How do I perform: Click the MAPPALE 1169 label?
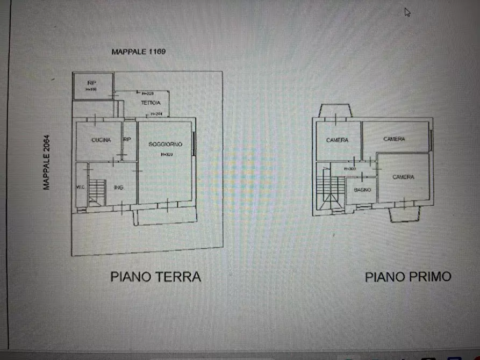coord(138,52)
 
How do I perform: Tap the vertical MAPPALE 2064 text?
coord(47,162)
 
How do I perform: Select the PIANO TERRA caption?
coord(156,277)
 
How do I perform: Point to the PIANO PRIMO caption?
coord(408,277)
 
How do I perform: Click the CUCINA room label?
coord(101,140)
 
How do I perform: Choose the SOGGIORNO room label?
coord(165,144)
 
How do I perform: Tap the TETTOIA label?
coord(151,103)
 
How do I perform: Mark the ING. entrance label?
coord(118,188)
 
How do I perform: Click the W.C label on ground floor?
coord(80,187)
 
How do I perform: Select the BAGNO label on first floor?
coord(362,190)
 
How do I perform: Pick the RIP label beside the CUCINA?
coord(127,140)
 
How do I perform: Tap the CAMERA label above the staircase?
coord(337,140)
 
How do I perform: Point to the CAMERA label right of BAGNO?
coord(403,177)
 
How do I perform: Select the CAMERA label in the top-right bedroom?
coord(394,139)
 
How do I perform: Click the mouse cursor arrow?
coord(407,12)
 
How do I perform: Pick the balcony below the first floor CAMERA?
coord(404,214)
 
